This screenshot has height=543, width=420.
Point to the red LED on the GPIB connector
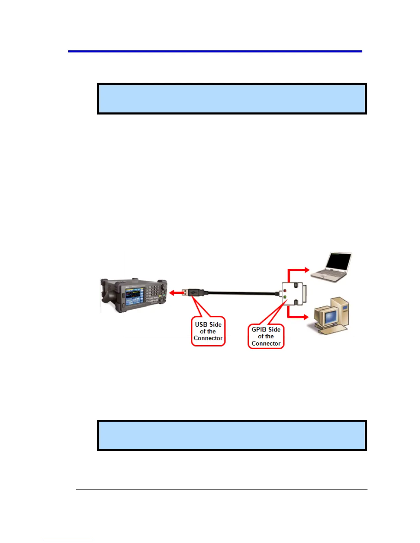(x=285, y=291)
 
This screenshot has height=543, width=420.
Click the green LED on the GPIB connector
(x=285, y=297)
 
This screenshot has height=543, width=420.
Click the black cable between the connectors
(x=240, y=293)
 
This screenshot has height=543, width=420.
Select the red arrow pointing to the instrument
(x=176, y=293)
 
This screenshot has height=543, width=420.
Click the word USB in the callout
(x=201, y=324)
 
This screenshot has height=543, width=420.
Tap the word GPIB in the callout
(x=259, y=329)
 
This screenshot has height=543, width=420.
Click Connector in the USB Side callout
(x=208, y=338)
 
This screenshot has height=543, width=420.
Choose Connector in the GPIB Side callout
(x=266, y=343)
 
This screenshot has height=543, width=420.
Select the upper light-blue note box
(x=232, y=99)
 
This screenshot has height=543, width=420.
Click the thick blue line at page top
(x=215, y=51)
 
